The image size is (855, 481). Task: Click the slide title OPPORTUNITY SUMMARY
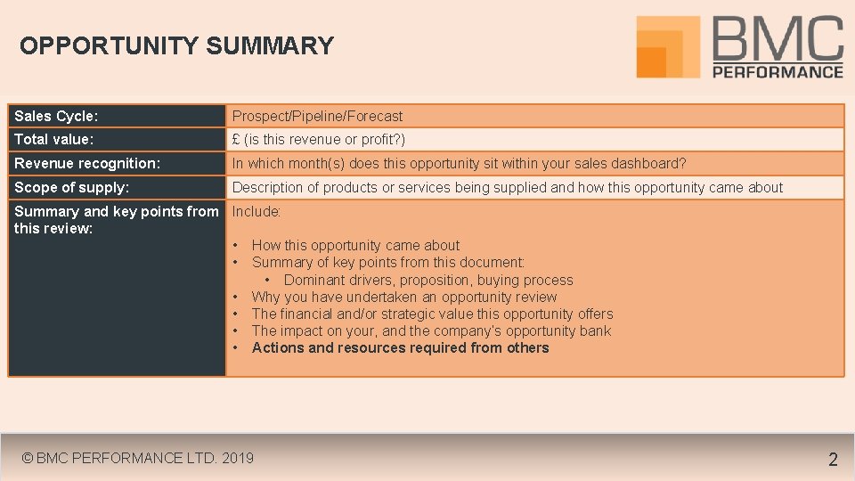(176, 46)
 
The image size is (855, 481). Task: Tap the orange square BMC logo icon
(668, 46)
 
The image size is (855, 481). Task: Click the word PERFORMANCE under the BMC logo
(778, 71)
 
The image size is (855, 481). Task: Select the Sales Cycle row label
(56, 117)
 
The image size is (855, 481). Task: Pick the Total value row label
(53, 140)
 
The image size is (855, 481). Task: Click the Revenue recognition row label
(87, 164)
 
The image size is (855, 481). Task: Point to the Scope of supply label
(71, 188)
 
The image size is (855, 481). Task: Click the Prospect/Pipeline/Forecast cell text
(317, 117)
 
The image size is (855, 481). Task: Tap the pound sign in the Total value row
(236, 140)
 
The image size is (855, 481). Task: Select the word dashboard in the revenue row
(647, 164)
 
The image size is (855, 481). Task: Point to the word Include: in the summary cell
(256, 212)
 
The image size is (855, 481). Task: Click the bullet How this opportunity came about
(355, 246)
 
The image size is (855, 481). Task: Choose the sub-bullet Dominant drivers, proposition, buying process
(428, 281)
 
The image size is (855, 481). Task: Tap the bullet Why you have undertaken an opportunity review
(403, 298)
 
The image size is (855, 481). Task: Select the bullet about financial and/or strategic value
(432, 314)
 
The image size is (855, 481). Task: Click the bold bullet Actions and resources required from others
(400, 348)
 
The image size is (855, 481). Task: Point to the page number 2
(833, 460)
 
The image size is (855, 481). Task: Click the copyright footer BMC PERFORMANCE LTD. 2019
(138, 459)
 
